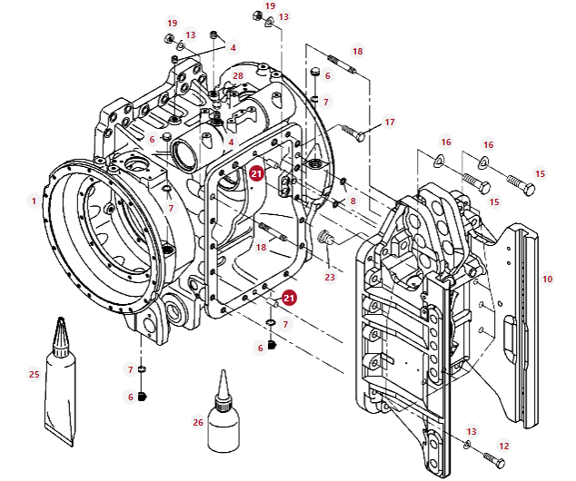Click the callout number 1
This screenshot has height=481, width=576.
(34, 201)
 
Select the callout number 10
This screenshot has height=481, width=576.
(547, 280)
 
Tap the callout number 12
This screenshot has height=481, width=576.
(504, 447)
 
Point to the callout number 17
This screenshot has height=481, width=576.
(390, 122)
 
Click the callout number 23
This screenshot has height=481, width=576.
(330, 278)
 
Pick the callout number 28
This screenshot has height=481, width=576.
(238, 76)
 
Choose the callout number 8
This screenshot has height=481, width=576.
(353, 200)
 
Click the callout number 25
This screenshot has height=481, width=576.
(35, 374)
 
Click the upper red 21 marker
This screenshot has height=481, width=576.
(257, 174)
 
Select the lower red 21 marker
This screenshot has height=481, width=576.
(289, 297)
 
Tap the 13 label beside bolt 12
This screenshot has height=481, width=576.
(472, 431)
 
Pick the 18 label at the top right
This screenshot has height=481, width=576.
(357, 52)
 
